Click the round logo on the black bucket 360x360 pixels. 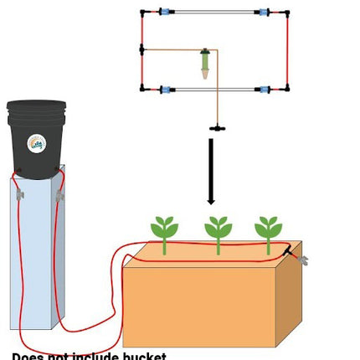click(36, 143)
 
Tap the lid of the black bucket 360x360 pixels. click(36, 107)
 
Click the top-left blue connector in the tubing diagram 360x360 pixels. click(166, 13)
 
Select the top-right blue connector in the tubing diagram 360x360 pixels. click(264, 13)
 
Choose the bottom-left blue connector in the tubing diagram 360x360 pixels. click(166, 89)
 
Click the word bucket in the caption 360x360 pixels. click(141, 356)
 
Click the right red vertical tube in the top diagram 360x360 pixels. click(287, 50)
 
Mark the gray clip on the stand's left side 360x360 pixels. click(18, 194)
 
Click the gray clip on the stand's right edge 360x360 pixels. click(59, 195)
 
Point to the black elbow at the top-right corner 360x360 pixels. click(287, 13)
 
